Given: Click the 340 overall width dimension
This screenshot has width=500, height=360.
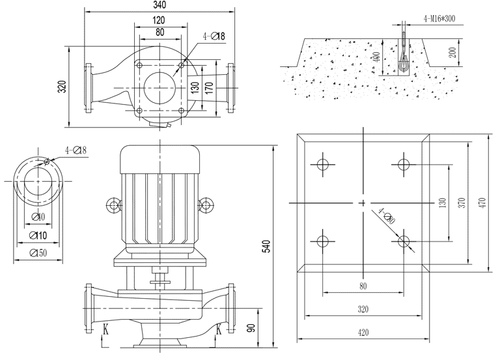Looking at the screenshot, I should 160,6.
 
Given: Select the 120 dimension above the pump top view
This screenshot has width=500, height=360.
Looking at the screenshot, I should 160,20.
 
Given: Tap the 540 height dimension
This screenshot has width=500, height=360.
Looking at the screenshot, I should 265,246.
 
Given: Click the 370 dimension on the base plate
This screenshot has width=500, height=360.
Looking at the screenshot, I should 461,203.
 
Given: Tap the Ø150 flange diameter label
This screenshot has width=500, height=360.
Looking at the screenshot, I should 38,253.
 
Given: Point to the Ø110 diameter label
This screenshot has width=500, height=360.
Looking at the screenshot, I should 38,235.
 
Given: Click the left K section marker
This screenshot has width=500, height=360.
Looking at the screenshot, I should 105,330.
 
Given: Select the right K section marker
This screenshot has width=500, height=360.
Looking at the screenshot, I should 218,330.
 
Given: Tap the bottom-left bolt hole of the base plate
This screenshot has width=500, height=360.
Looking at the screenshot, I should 322,242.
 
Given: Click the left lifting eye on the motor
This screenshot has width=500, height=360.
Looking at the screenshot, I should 114,206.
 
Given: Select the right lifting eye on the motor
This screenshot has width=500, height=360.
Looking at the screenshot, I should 206,206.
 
